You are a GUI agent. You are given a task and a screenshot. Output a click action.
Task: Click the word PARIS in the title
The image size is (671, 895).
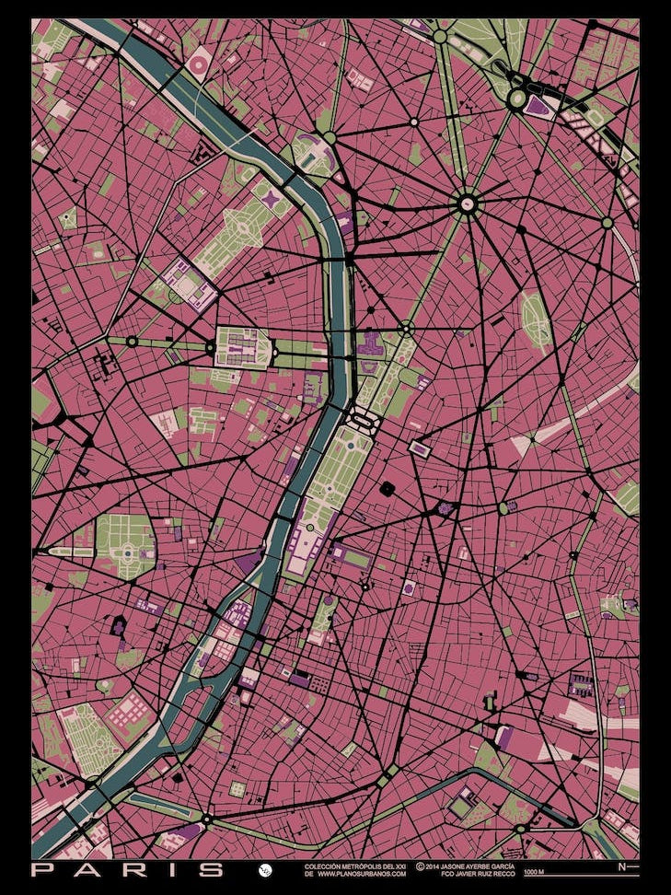coord(128,869)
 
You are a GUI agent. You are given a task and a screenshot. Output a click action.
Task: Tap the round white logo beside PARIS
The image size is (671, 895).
coord(265,869)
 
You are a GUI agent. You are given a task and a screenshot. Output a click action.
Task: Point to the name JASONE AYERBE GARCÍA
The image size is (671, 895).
coord(469,865)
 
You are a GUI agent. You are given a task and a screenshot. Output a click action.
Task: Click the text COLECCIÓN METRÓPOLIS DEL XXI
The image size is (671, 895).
coord(355,865)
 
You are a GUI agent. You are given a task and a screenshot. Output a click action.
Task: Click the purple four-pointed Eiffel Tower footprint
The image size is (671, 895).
coord(268,194)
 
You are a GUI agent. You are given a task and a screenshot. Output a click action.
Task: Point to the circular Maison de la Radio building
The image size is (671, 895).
coord(199,65)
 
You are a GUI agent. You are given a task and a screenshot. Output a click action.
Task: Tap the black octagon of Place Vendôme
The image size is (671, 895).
coord(387,488)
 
